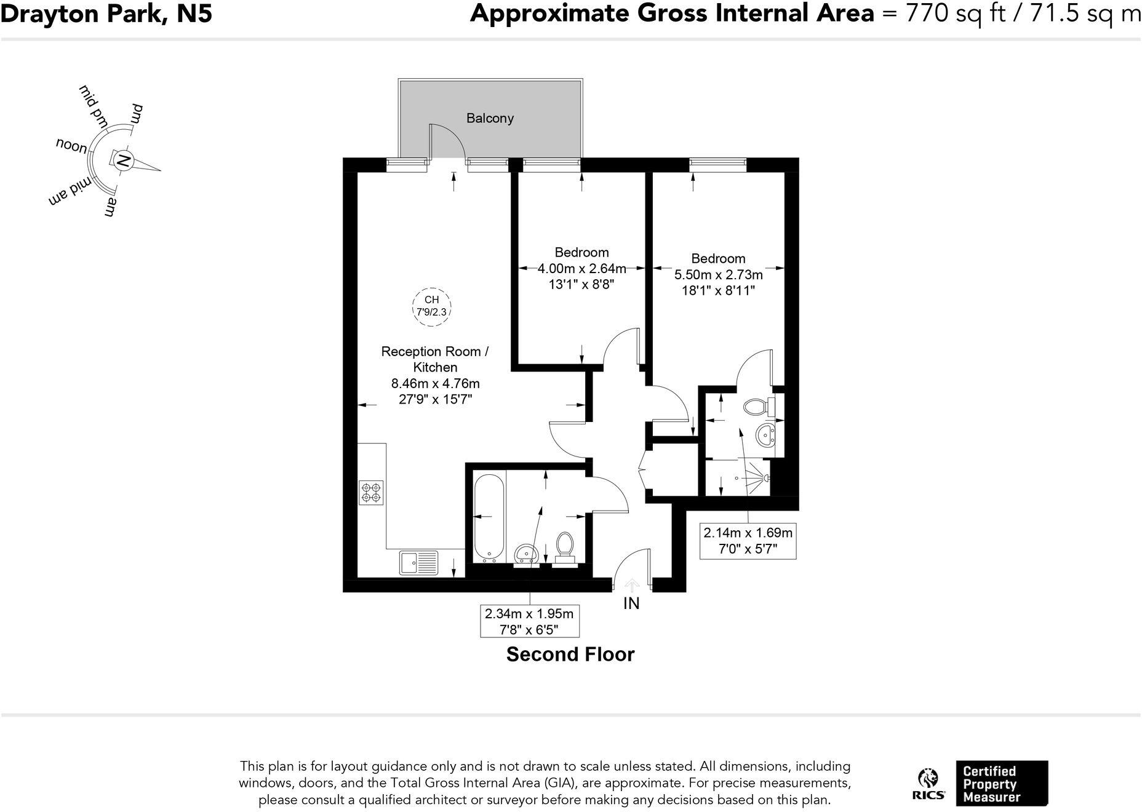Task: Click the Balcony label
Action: tap(490, 118)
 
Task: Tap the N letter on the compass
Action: tap(123, 161)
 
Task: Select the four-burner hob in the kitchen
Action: tap(371, 493)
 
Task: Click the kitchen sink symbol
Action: tap(418, 563)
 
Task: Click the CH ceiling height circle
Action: tap(431, 306)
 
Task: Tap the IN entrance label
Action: tap(631, 604)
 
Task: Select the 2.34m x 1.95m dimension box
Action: tap(529, 621)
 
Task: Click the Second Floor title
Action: tap(570, 654)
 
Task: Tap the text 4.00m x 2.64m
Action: tap(581, 268)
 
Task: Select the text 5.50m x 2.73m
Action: tap(718, 274)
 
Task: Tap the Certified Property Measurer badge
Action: tap(1001, 783)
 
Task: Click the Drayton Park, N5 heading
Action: tap(106, 14)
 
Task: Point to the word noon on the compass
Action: tap(71, 146)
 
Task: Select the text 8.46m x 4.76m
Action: tap(435, 383)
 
